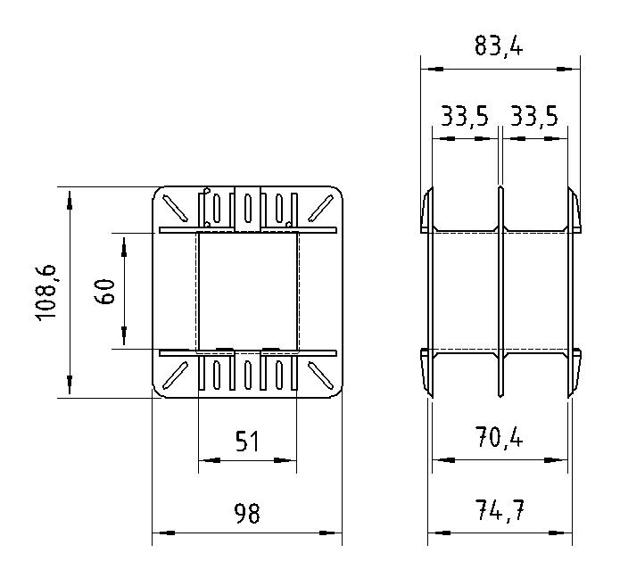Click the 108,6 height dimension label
click(x=47, y=293)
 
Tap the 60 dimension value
click(x=104, y=292)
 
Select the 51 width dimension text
click(x=247, y=442)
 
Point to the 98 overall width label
click(x=247, y=513)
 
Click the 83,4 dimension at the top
click(x=499, y=45)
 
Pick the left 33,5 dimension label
click(x=465, y=116)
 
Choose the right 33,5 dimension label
click(x=534, y=116)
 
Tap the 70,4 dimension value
click(x=500, y=437)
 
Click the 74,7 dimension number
click(x=500, y=510)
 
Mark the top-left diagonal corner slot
click(x=175, y=209)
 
